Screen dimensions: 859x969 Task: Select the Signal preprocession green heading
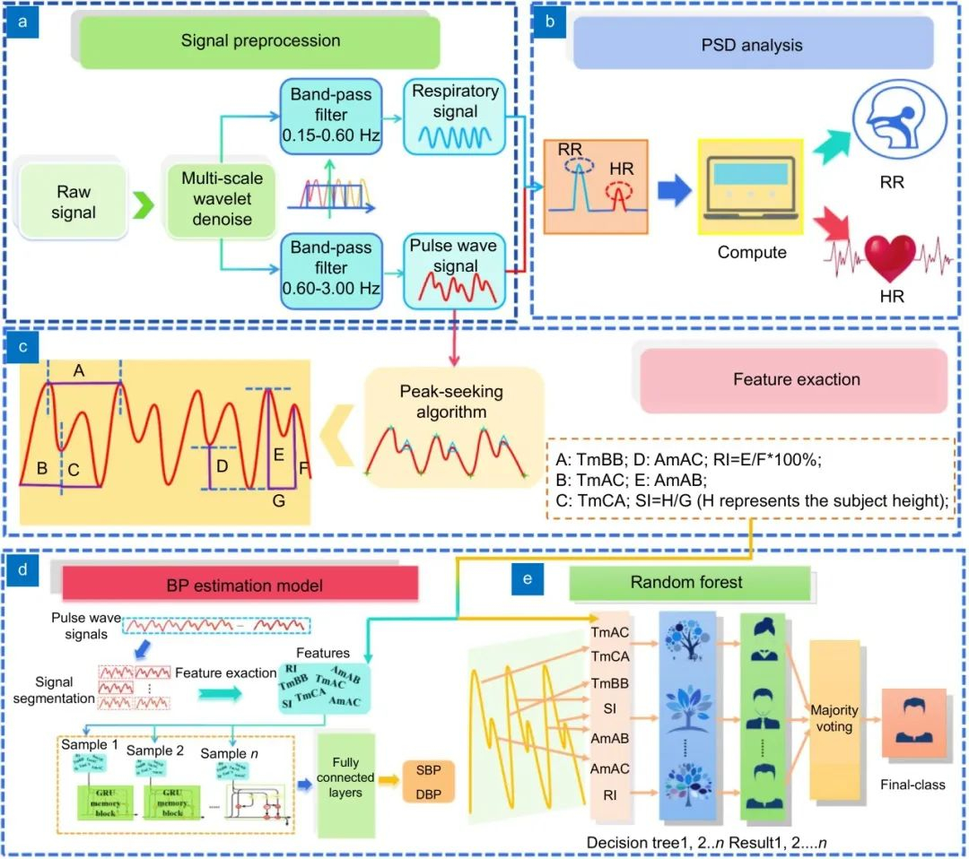click(260, 41)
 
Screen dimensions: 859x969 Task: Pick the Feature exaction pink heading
click(795, 380)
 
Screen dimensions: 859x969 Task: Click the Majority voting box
click(834, 719)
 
